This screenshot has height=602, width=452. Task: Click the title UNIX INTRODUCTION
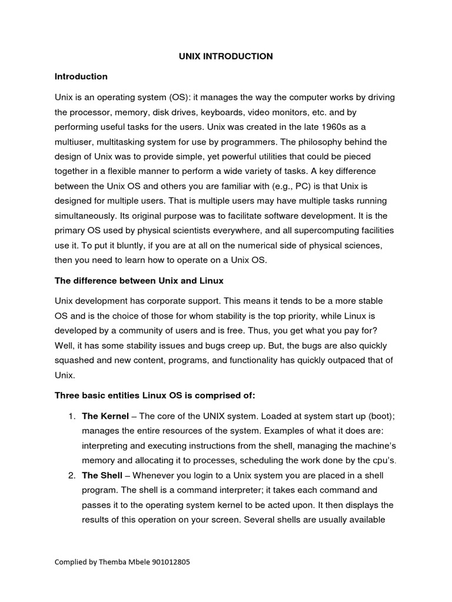pyautogui.click(x=226, y=56)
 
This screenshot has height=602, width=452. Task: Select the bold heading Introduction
pyautogui.click(x=81, y=76)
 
